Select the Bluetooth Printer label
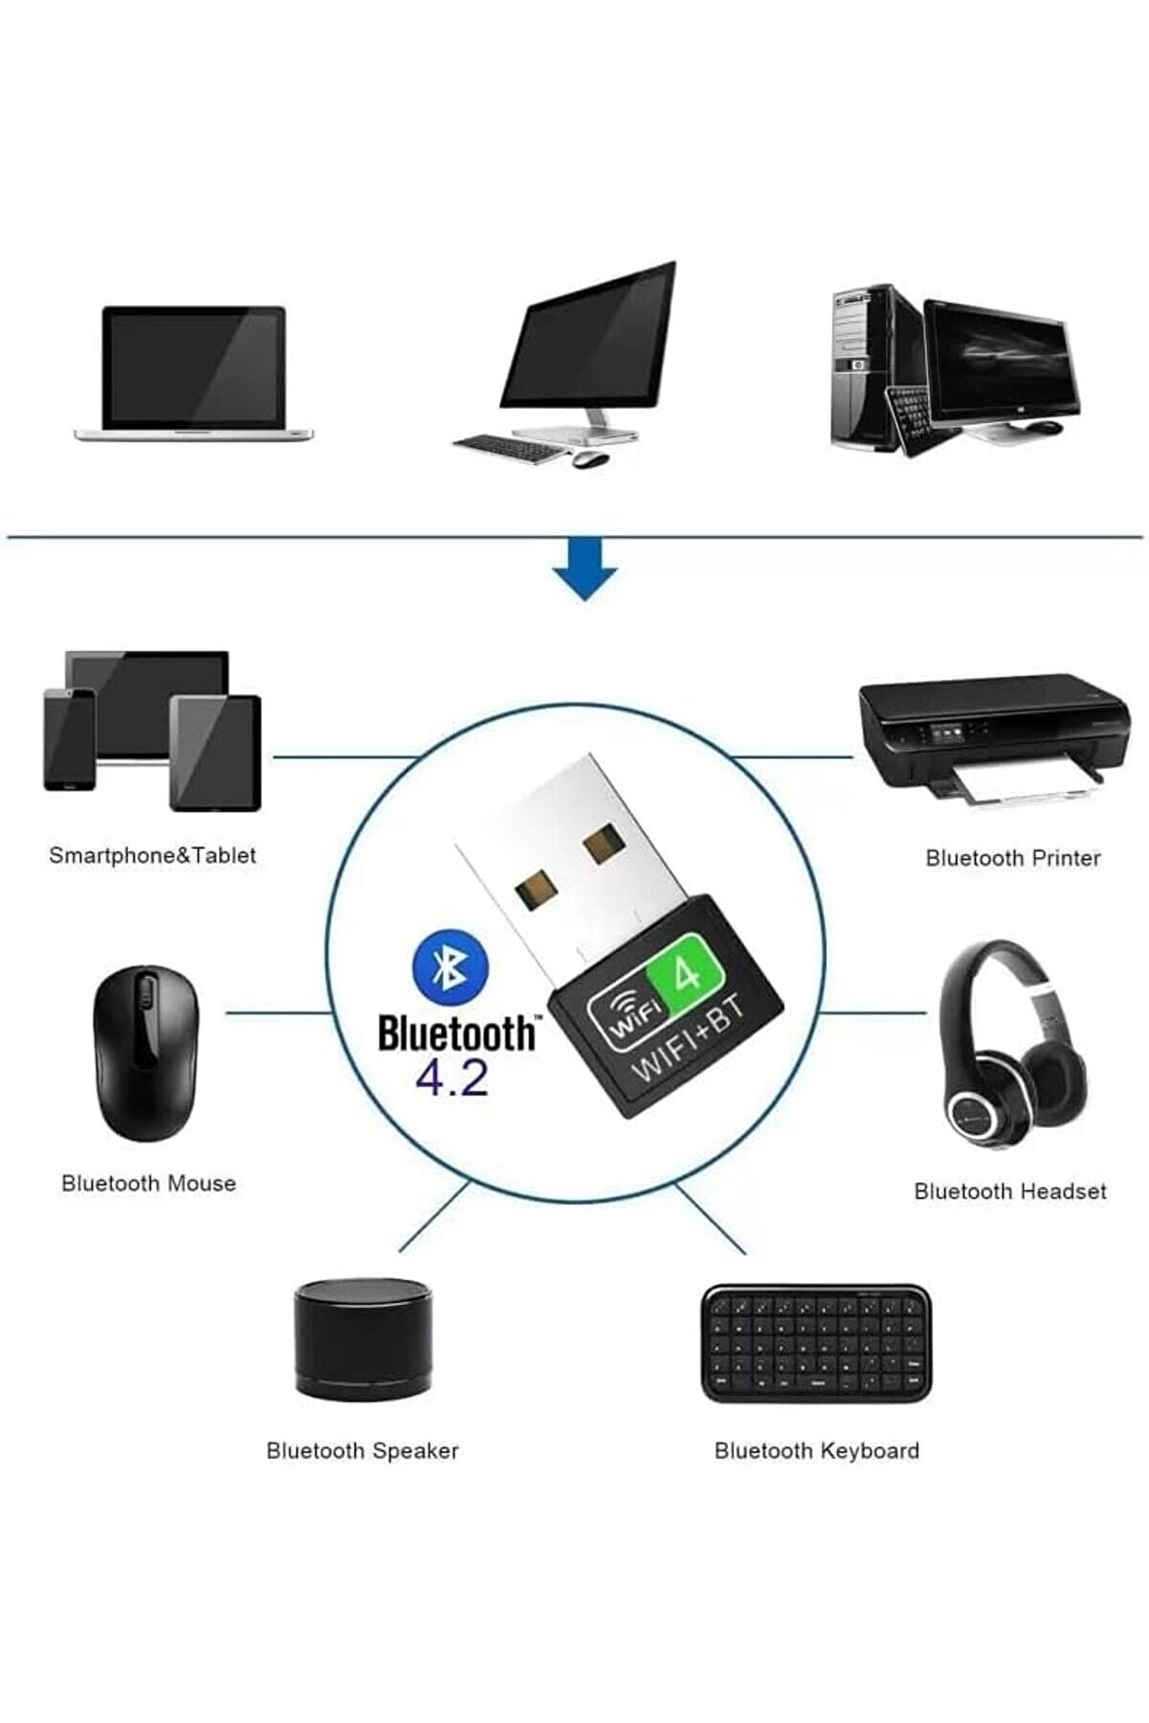pos(1012,858)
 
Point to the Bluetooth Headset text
pos(1009,1191)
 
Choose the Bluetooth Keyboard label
pos(816,1450)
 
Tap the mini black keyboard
pos(815,1343)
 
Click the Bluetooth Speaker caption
pos(363,1450)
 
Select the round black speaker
pos(363,1339)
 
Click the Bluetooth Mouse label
pos(148,1183)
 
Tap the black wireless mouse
pos(146,1053)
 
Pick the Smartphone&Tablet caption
pos(152,855)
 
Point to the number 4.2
pos(452,1078)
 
